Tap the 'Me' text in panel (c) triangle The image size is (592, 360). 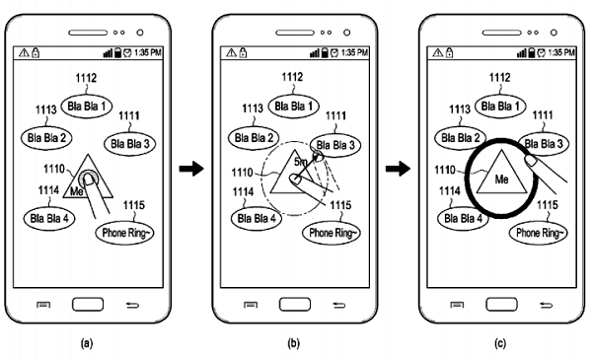tap(501, 180)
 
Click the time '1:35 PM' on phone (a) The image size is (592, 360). tap(150, 51)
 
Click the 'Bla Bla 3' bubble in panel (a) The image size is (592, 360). tap(128, 144)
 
